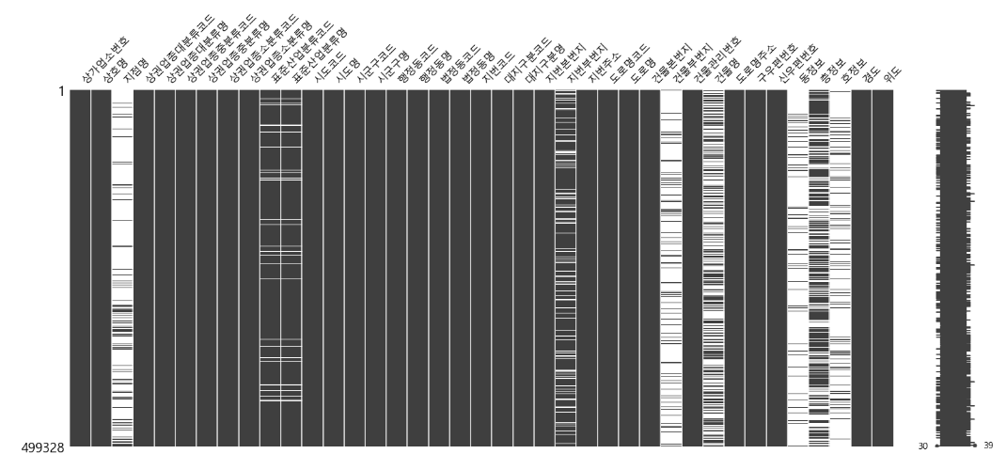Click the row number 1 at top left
click(60, 92)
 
